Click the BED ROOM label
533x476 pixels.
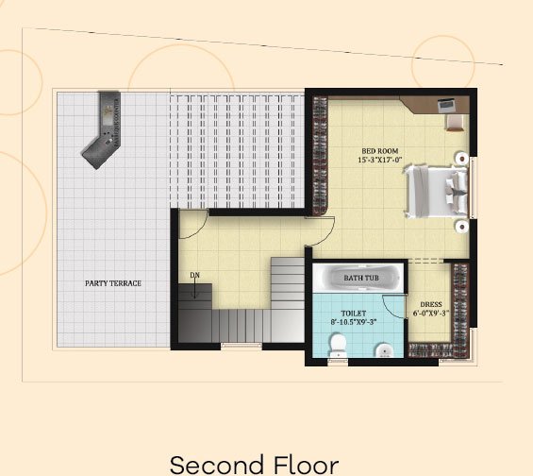point(379,151)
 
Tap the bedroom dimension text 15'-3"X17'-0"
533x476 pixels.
point(380,160)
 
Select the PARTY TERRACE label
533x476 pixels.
point(113,283)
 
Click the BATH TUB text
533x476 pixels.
point(361,278)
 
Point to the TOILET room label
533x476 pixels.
point(354,314)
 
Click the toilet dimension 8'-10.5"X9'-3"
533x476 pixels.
point(354,322)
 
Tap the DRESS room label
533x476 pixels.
point(431,304)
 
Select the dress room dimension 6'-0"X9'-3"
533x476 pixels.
point(431,313)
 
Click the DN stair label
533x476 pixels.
point(194,275)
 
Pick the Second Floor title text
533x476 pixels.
point(254,464)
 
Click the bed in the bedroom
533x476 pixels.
point(436,192)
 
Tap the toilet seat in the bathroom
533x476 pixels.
point(338,345)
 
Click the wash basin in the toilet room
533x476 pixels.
point(384,350)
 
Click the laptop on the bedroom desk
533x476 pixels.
point(445,105)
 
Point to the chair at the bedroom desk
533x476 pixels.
point(455,123)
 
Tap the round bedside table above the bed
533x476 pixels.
point(462,159)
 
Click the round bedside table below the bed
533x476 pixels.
point(462,227)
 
